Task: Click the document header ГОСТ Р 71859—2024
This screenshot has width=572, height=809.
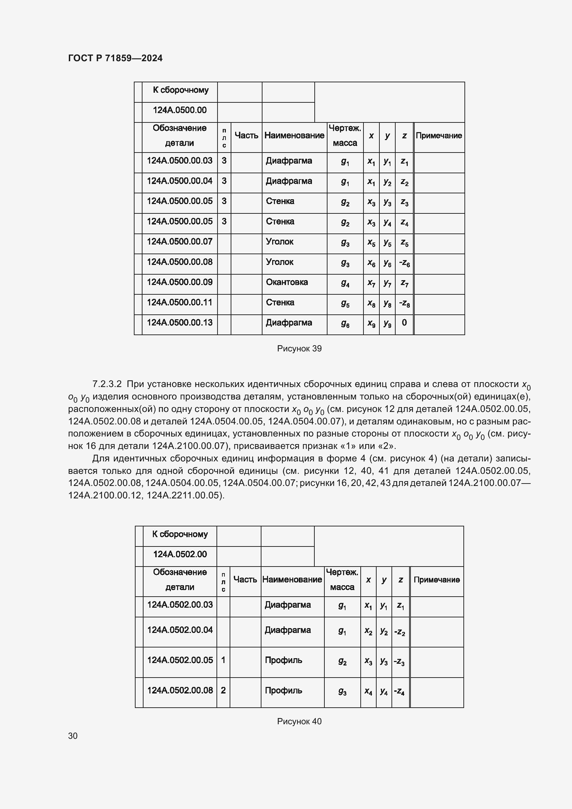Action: pos(115,58)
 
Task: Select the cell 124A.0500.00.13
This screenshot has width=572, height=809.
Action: pos(179,322)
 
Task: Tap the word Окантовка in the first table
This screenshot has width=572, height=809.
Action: pos(287,282)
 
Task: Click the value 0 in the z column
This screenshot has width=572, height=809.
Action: pos(404,322)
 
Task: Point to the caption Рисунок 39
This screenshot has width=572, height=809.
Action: pos(299,349)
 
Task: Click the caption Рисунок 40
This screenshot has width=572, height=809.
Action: pos(299,721)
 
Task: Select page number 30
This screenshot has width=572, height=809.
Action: pos(73,736)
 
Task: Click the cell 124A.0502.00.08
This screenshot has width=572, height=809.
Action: pos(179,690)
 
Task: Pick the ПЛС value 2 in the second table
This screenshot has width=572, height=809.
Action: pos(223,690)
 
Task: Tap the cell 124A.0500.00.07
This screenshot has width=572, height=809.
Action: pos(179,242)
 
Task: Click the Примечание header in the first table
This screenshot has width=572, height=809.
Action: pos(439,136)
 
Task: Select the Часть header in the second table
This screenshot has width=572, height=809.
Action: pos(245,580)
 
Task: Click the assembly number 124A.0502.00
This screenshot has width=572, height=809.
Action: pos(179,554)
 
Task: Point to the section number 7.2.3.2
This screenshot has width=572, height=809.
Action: pos(107,384)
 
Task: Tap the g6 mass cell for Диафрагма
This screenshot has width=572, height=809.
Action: pos(345,324)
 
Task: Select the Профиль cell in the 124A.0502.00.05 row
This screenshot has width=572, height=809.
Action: pos(283,660)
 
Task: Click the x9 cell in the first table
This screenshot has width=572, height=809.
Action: pos(371,323)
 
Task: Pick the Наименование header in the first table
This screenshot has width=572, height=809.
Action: pos(294,135)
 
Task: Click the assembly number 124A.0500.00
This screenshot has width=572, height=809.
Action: pos(179,110)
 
